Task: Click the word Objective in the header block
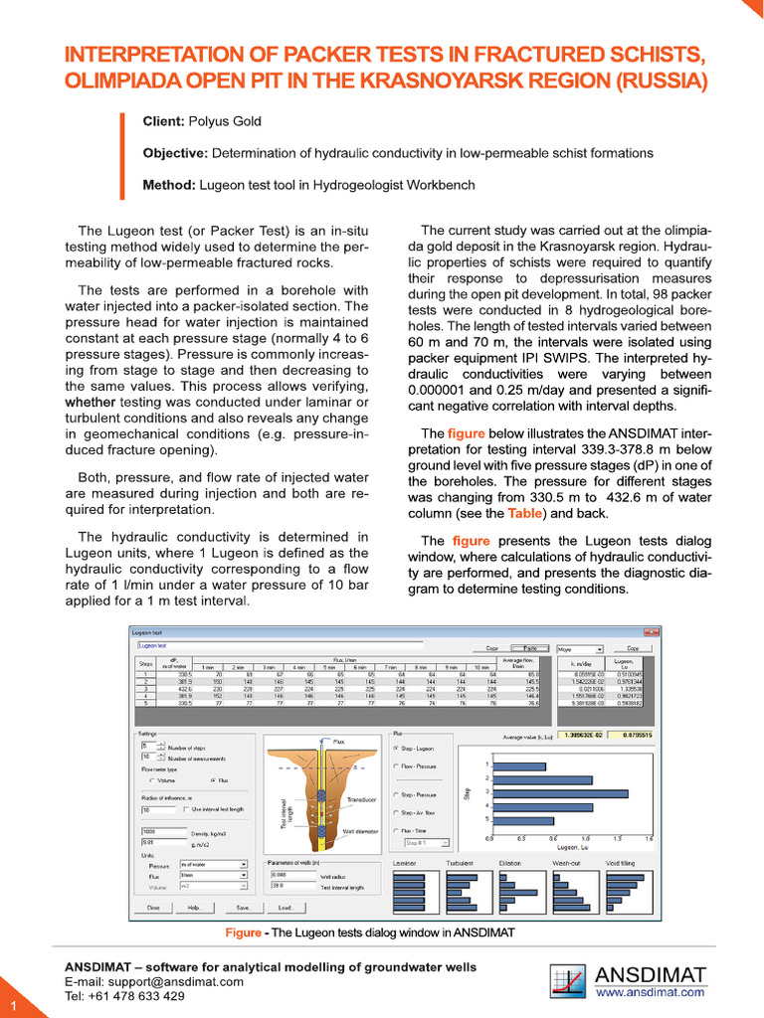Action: pyautogui.click(x=174, y=153)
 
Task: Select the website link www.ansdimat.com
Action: pyautogui.click(x=651, y=991)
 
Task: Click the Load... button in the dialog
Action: pyautogui.click(x=286, y=908)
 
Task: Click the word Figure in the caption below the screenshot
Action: pyautogui.click(x=242, y=933)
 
